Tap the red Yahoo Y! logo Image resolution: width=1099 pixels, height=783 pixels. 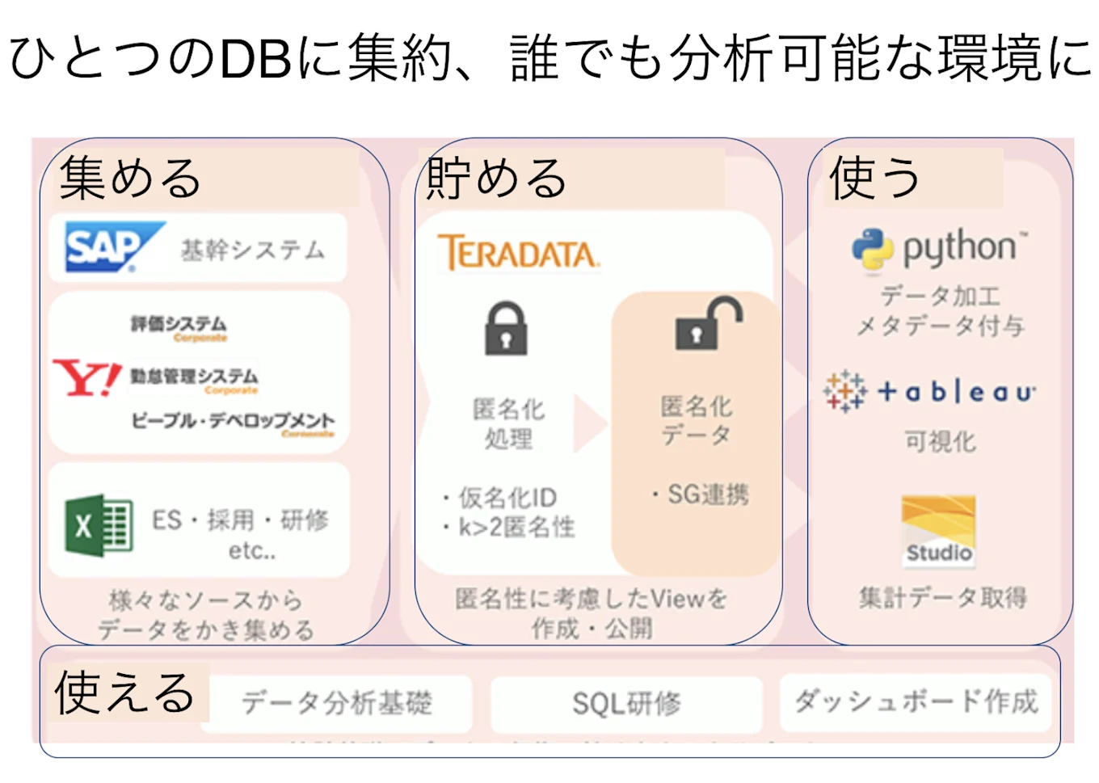point(86,378)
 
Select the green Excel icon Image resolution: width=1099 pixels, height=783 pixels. point(99,526)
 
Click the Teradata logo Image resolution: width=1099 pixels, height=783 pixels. point(517,253)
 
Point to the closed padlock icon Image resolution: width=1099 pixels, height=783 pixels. point(506,329)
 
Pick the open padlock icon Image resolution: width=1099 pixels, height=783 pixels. point(706,323)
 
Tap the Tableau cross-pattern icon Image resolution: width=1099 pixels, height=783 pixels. point(844,392)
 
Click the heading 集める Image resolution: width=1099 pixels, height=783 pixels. point(129,178)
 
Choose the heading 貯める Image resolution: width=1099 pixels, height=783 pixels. point(496,178)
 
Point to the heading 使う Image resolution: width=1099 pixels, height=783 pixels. point(874,178)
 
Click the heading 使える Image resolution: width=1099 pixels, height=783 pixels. point(124,693)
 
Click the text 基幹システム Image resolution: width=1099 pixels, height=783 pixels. point(252,250)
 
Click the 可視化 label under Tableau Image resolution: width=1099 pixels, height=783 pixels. point(940,441)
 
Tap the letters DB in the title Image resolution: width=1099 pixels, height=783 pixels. point(255,58)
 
